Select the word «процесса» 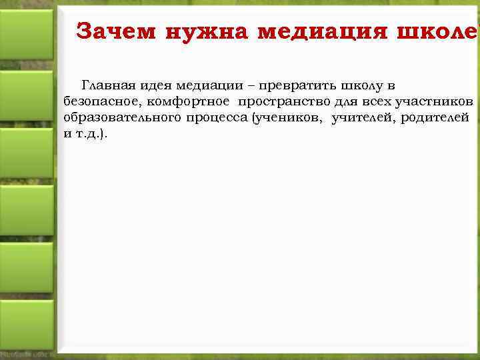[215, 117]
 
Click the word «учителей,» [367, 117]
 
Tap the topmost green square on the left [26, 34]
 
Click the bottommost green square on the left [26, 324]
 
